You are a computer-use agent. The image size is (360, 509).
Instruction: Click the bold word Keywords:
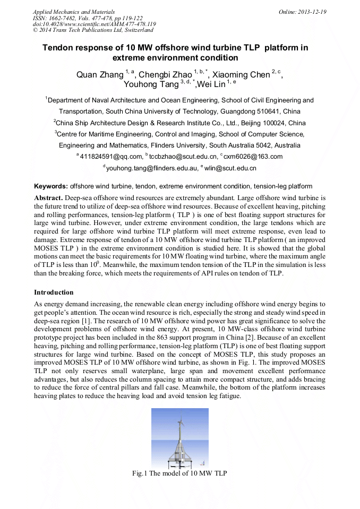(51, 186)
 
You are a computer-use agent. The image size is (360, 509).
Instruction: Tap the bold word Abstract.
(48, 197)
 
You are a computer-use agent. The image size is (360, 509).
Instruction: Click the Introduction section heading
(54, 292)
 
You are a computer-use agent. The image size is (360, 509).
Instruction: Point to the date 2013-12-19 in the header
(314, 12)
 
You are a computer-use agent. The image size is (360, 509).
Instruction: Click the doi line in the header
(94, 24)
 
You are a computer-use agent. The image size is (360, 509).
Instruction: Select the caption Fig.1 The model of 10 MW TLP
(180, 473)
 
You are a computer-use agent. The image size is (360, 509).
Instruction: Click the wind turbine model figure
(179, 438)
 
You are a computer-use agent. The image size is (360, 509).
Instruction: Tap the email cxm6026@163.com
(253, 157)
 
